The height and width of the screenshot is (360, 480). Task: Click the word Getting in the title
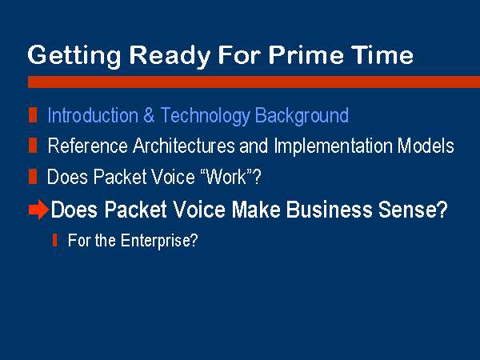(x=74, y=56)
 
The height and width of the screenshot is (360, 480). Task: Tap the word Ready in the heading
(x=170, y=56)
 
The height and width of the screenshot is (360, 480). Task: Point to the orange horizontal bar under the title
(x=254, y=82)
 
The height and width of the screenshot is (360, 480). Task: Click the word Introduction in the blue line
(x=93, y=115)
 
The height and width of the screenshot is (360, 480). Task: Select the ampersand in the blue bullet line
(x=149, y=115)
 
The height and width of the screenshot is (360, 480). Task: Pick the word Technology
(x=205, y=116)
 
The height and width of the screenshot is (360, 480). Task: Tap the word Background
(x=302, y=116)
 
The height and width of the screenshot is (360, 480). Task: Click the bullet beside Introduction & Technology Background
(x=33, y=114)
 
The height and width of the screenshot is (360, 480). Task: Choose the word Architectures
(x=184, y=145)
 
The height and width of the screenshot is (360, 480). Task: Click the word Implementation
(x=333, y=146)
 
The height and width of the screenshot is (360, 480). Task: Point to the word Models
(x=426, y=145)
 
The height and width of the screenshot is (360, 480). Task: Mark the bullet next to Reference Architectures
(x=33, y=145)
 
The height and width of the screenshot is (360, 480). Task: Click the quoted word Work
(x=226, y=177)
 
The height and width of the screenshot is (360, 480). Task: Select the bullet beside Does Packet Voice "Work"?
(x=33, y=177)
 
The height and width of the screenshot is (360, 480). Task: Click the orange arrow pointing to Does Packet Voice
(x=38, y=210)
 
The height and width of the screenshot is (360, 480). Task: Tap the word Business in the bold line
(x=329, y=210)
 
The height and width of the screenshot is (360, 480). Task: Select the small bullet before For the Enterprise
(x=55, y=240)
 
